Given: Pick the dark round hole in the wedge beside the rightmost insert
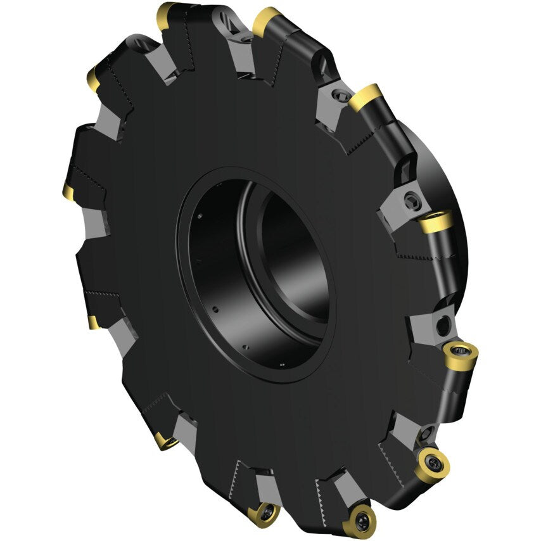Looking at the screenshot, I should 443,326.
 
